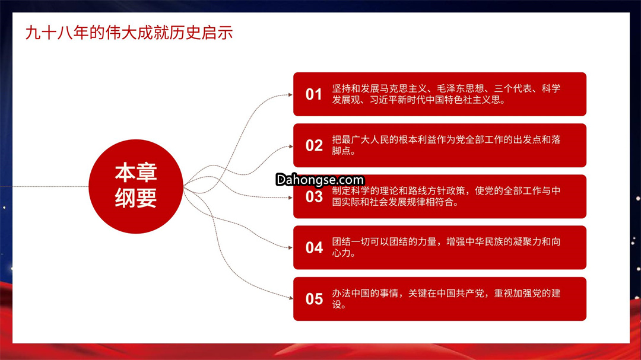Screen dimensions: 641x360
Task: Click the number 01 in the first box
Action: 313,94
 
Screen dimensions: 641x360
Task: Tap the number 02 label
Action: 314,145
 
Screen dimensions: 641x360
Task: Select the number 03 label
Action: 314,196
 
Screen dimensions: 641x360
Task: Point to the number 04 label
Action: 314,248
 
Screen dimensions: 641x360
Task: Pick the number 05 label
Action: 314,299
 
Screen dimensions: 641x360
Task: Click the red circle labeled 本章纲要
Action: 136,186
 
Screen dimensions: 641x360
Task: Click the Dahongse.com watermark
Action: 320,180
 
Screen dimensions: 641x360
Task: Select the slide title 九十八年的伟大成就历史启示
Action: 129,33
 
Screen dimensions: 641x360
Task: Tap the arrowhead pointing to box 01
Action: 290,95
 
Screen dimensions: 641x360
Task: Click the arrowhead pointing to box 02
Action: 290,146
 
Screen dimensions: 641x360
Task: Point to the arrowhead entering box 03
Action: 290,197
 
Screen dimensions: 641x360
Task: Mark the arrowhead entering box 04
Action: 290,248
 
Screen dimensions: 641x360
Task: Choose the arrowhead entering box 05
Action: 290,298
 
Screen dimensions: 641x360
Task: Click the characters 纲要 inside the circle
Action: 136,199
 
